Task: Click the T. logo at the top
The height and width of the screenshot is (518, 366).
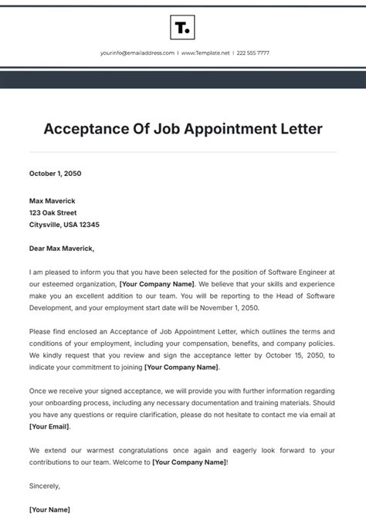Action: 182,29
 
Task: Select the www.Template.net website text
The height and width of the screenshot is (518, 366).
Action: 203,53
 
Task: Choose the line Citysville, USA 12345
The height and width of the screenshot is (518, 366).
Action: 64,225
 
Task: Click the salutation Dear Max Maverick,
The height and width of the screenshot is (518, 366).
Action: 62,249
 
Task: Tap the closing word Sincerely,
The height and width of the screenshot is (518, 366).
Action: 45,486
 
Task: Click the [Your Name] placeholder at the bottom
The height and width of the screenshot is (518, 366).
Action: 49,510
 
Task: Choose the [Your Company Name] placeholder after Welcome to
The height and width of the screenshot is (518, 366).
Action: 189,462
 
